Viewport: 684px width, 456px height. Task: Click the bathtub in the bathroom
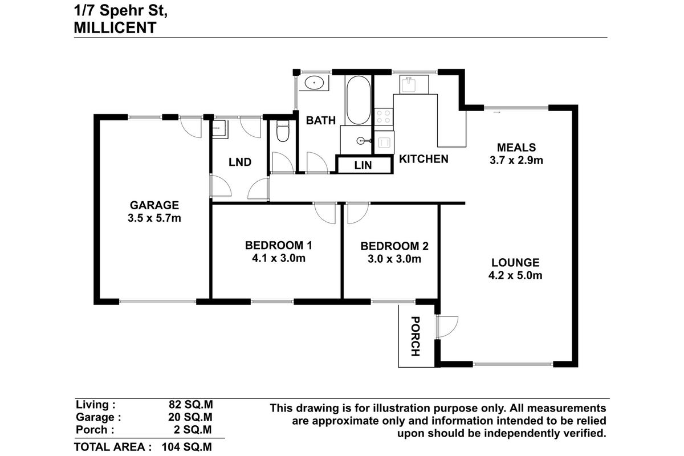click(x=357, y=100)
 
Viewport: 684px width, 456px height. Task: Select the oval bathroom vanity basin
click(x=313, y=83)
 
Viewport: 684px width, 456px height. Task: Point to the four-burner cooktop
click(x=384, y=117)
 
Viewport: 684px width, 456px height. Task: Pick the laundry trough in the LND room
click(x=217, y=128)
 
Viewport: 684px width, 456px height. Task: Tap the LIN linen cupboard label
click(x=364, y=165)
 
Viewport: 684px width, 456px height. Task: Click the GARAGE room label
click(x=154, y=205)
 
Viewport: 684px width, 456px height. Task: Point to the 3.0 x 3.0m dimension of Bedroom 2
click(x=394, y=259)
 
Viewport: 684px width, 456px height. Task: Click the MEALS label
click(x=516, y=147)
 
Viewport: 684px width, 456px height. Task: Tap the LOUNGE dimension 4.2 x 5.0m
click(x=516, y=276)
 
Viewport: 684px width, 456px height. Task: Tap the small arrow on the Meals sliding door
click(x=497, y=113)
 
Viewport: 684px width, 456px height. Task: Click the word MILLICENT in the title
click(x=115, y=27)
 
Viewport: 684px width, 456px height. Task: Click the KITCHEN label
click(x=423, y=159)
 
